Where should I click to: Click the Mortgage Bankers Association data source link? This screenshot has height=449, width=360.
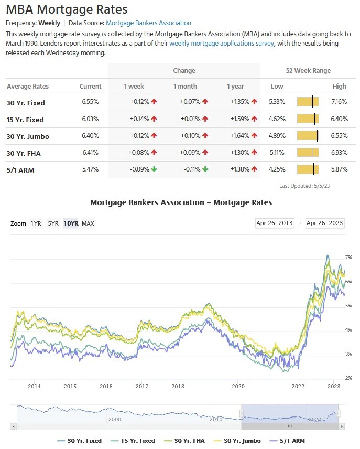point(148,23)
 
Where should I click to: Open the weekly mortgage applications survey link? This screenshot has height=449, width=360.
point(222,44)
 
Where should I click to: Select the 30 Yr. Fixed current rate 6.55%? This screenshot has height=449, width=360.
point(90,103)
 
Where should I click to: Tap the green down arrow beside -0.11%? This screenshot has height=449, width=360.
point(205,169)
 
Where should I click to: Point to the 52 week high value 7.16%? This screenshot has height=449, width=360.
point(339,103)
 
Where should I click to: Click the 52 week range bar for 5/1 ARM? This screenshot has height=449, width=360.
point(308,169)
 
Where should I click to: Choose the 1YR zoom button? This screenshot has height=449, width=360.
point(36,223)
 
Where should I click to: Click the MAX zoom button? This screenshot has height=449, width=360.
point(88,223)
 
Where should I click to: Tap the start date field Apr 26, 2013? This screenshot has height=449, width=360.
point(275,223)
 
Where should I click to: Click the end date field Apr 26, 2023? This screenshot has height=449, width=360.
point(325,223)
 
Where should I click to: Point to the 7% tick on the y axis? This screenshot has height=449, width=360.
point(348,258)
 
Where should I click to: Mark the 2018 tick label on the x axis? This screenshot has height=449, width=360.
point(178,387)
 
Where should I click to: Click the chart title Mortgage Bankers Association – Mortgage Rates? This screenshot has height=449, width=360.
point(181,202)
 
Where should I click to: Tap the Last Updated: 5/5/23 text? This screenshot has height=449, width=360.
point(304,186)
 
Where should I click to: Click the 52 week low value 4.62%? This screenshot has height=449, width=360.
point(277,120)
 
